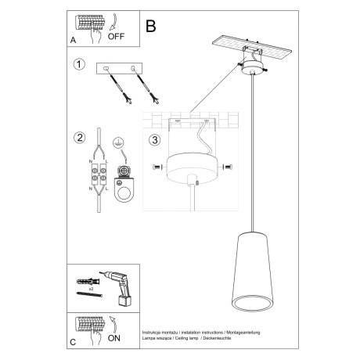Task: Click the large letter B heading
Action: tap(150, 25)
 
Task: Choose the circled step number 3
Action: tap(155, 141)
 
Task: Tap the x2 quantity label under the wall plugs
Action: tap(92, 290)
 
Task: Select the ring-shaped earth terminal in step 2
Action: tap(121, 189)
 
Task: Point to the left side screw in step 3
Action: tap(157, 166)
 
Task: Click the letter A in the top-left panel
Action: tap(73, 38)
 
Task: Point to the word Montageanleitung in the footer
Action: tap(243, 332)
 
